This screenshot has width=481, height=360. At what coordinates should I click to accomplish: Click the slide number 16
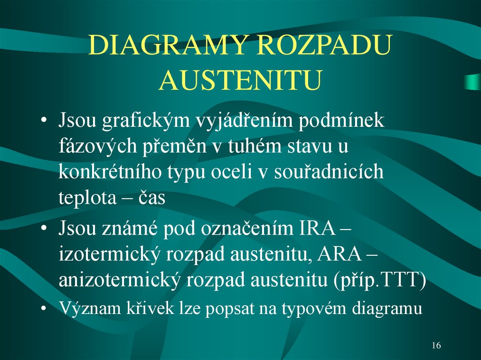[x=435, y=346]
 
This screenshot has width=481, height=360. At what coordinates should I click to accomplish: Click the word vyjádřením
[x=246, y=122]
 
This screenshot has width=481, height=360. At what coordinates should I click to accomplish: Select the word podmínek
[x=344, y=121]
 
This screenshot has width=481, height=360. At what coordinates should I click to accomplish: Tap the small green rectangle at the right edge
[x=472, y=82]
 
